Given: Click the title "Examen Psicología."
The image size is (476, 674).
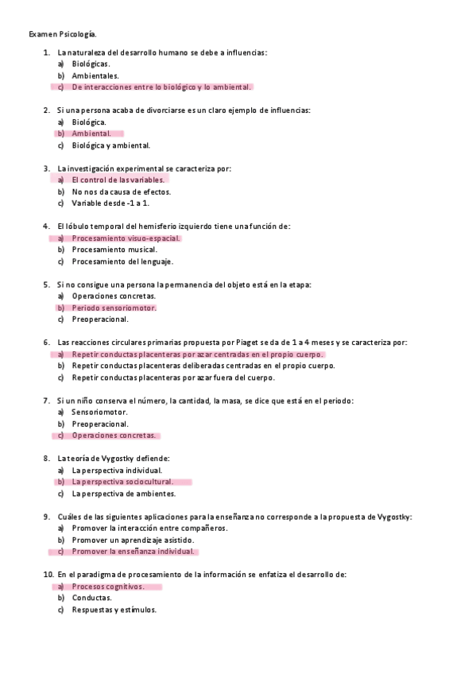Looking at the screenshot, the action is tap(63, 34).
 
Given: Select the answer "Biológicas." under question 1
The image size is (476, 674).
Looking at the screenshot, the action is tap(91, 64).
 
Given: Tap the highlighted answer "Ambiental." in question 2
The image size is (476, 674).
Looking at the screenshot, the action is tap(91, 134).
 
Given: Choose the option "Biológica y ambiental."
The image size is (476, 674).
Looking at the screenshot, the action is tap(110, 145).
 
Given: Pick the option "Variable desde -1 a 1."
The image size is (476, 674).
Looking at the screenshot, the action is tap(110, 203).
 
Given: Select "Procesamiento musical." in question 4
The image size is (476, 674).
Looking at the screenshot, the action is tap(114, 250).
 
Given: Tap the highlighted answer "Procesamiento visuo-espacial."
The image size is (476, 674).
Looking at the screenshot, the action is tap(126, 238).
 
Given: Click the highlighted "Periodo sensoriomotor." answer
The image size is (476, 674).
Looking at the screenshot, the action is tap(114, 308).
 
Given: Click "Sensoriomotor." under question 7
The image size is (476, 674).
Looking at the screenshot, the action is tap(99, 413).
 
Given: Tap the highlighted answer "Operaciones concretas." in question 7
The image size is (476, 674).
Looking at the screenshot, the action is tap(114, 436).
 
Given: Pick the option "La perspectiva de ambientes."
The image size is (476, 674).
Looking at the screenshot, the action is tap(123, 494).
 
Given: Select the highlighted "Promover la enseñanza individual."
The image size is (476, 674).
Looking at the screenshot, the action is tap(133, 551).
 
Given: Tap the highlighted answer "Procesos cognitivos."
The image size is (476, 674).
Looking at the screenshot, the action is tap(108, 587).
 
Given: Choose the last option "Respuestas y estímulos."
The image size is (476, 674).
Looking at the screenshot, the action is tap(114, 610).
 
